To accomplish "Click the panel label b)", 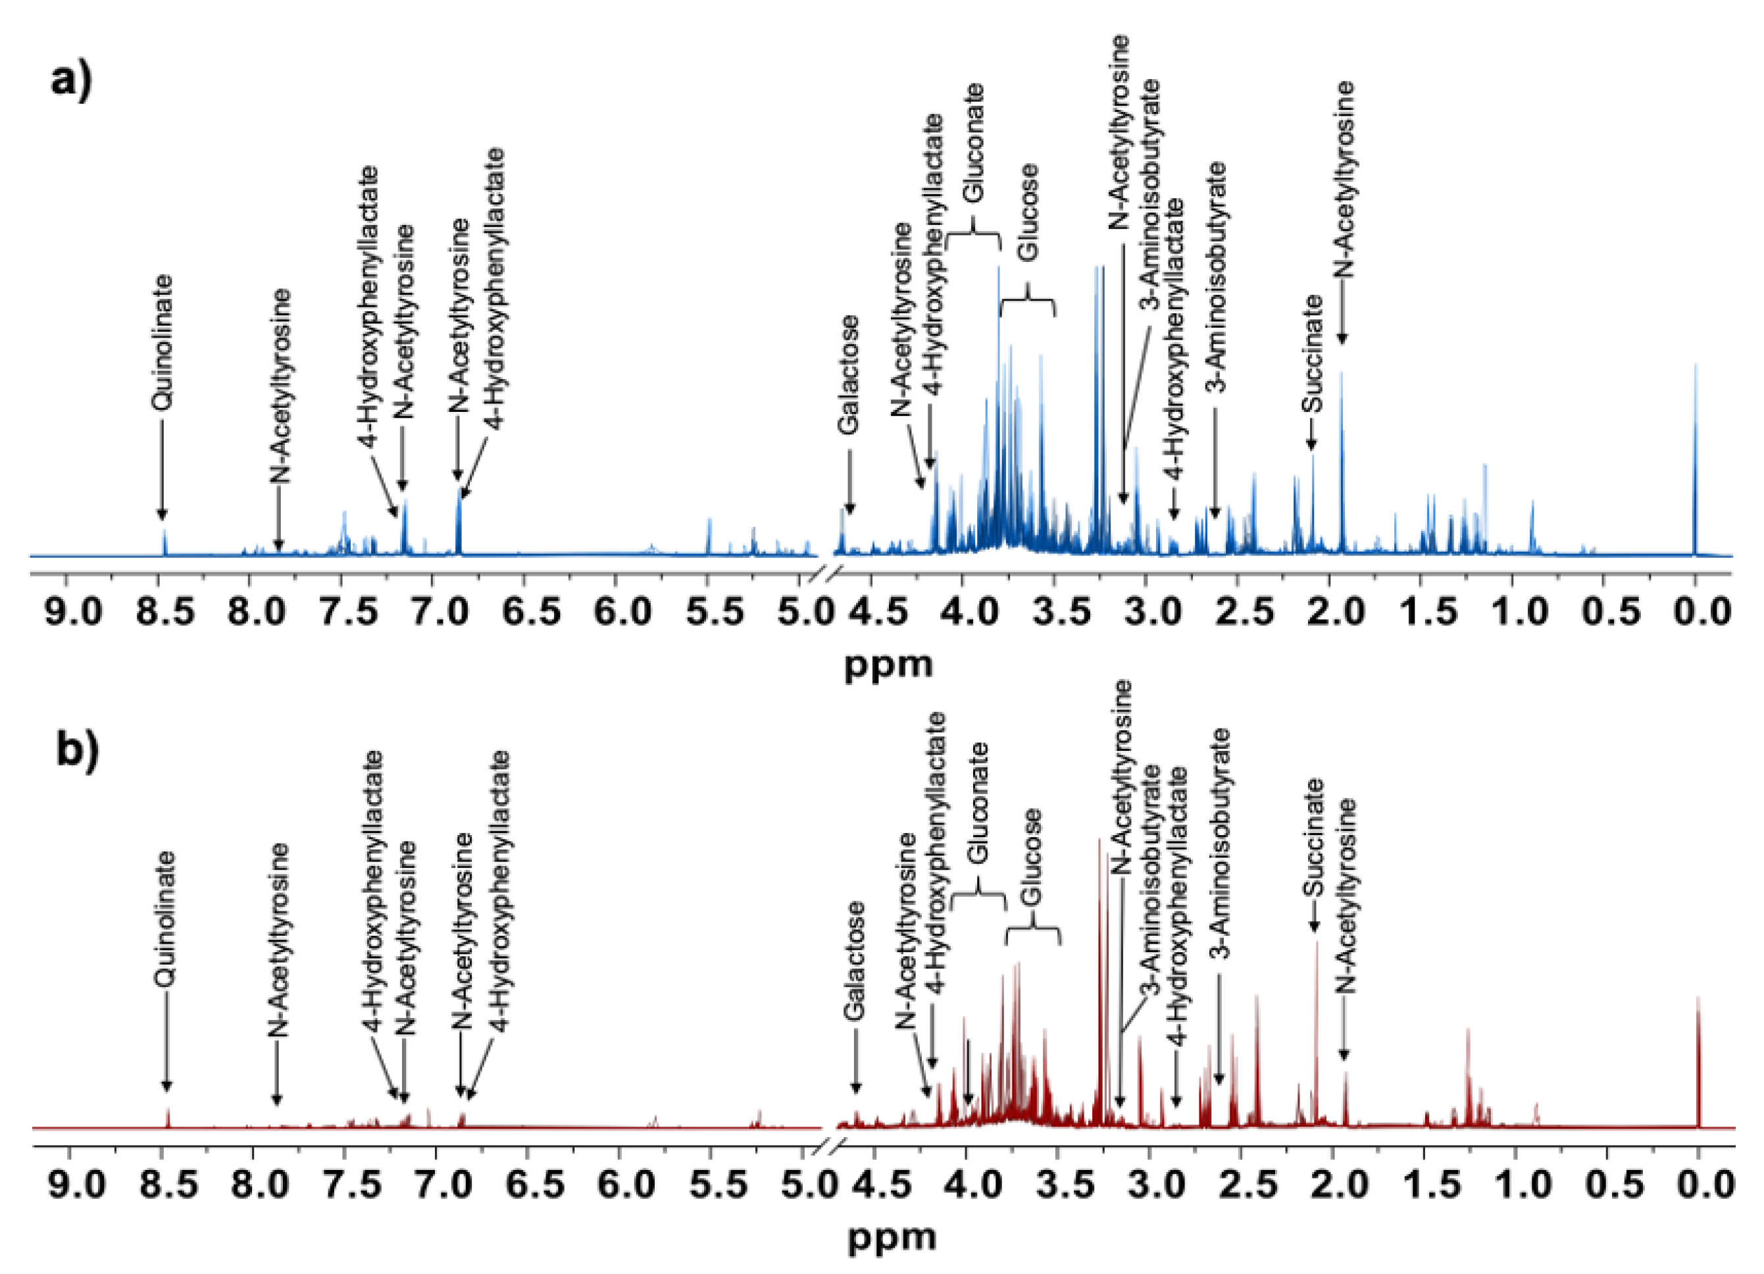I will point(78,753).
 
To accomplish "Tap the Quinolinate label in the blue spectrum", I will point(162,342).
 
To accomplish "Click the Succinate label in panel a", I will point(1312,353).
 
